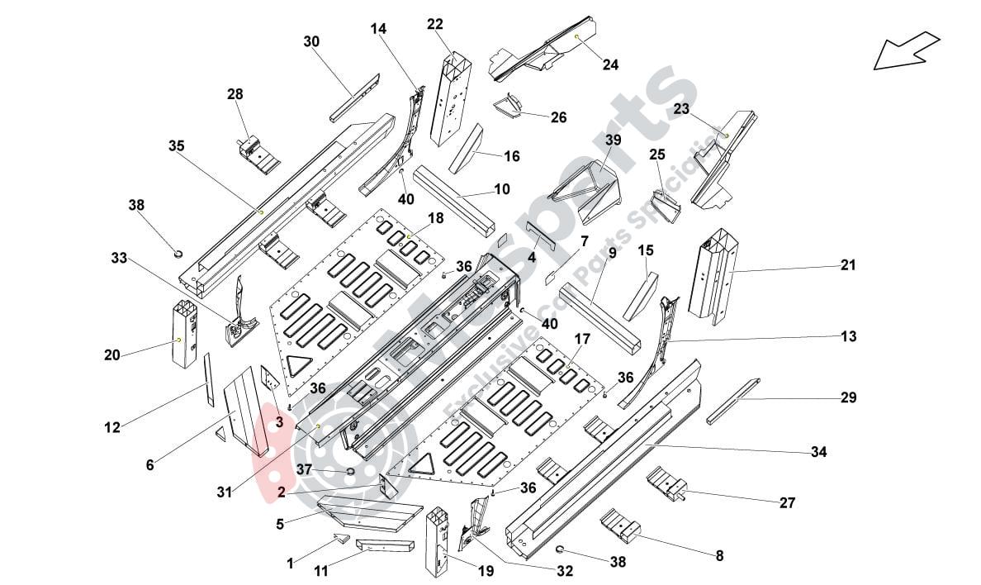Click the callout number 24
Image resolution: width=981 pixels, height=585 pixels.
[610, 64]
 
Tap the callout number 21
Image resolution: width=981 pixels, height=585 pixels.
[848, 265]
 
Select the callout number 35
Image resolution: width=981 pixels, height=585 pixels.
[176, 146]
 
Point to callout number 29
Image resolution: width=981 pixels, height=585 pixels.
[848, 398]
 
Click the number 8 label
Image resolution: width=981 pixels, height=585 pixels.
[719, 556]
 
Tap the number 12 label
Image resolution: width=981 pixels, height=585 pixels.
[112, 427]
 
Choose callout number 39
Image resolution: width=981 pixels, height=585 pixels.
[612, 140]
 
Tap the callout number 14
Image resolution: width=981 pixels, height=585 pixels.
[377, 28]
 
